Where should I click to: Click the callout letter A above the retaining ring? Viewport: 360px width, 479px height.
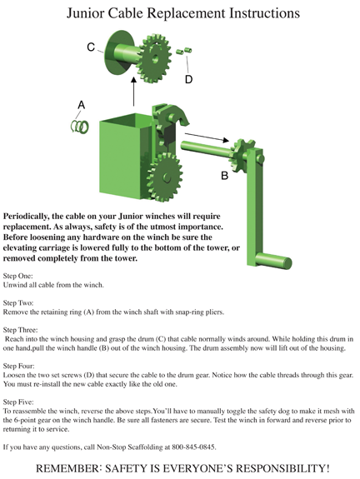click(x=81, y=105)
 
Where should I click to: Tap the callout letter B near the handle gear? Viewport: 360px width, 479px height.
click(x=224, y=176)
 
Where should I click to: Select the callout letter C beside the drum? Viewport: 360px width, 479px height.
click(x=91, y=47)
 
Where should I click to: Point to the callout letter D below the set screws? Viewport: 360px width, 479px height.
click(x=188, y=79)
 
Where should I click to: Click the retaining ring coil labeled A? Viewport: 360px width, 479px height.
click(x=80, y=126)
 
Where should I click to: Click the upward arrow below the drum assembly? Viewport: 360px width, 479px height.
click(x=133, y=92)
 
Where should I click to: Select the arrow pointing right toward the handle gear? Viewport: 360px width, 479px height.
click(x=207, y=137)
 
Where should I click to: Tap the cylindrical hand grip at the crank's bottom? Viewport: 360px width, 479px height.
click(x=272, y=262)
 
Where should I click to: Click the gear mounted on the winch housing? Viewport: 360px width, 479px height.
click(x=165, y=177)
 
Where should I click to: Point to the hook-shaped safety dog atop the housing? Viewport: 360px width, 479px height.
click(x=172, y=116)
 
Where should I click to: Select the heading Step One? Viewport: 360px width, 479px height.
click(x=17, y=276)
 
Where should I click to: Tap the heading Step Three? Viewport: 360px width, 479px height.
click(x=21, y=330)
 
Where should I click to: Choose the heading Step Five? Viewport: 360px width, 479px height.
click(x=18, y=402)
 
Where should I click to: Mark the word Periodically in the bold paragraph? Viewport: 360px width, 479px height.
click(x=24, y=217)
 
